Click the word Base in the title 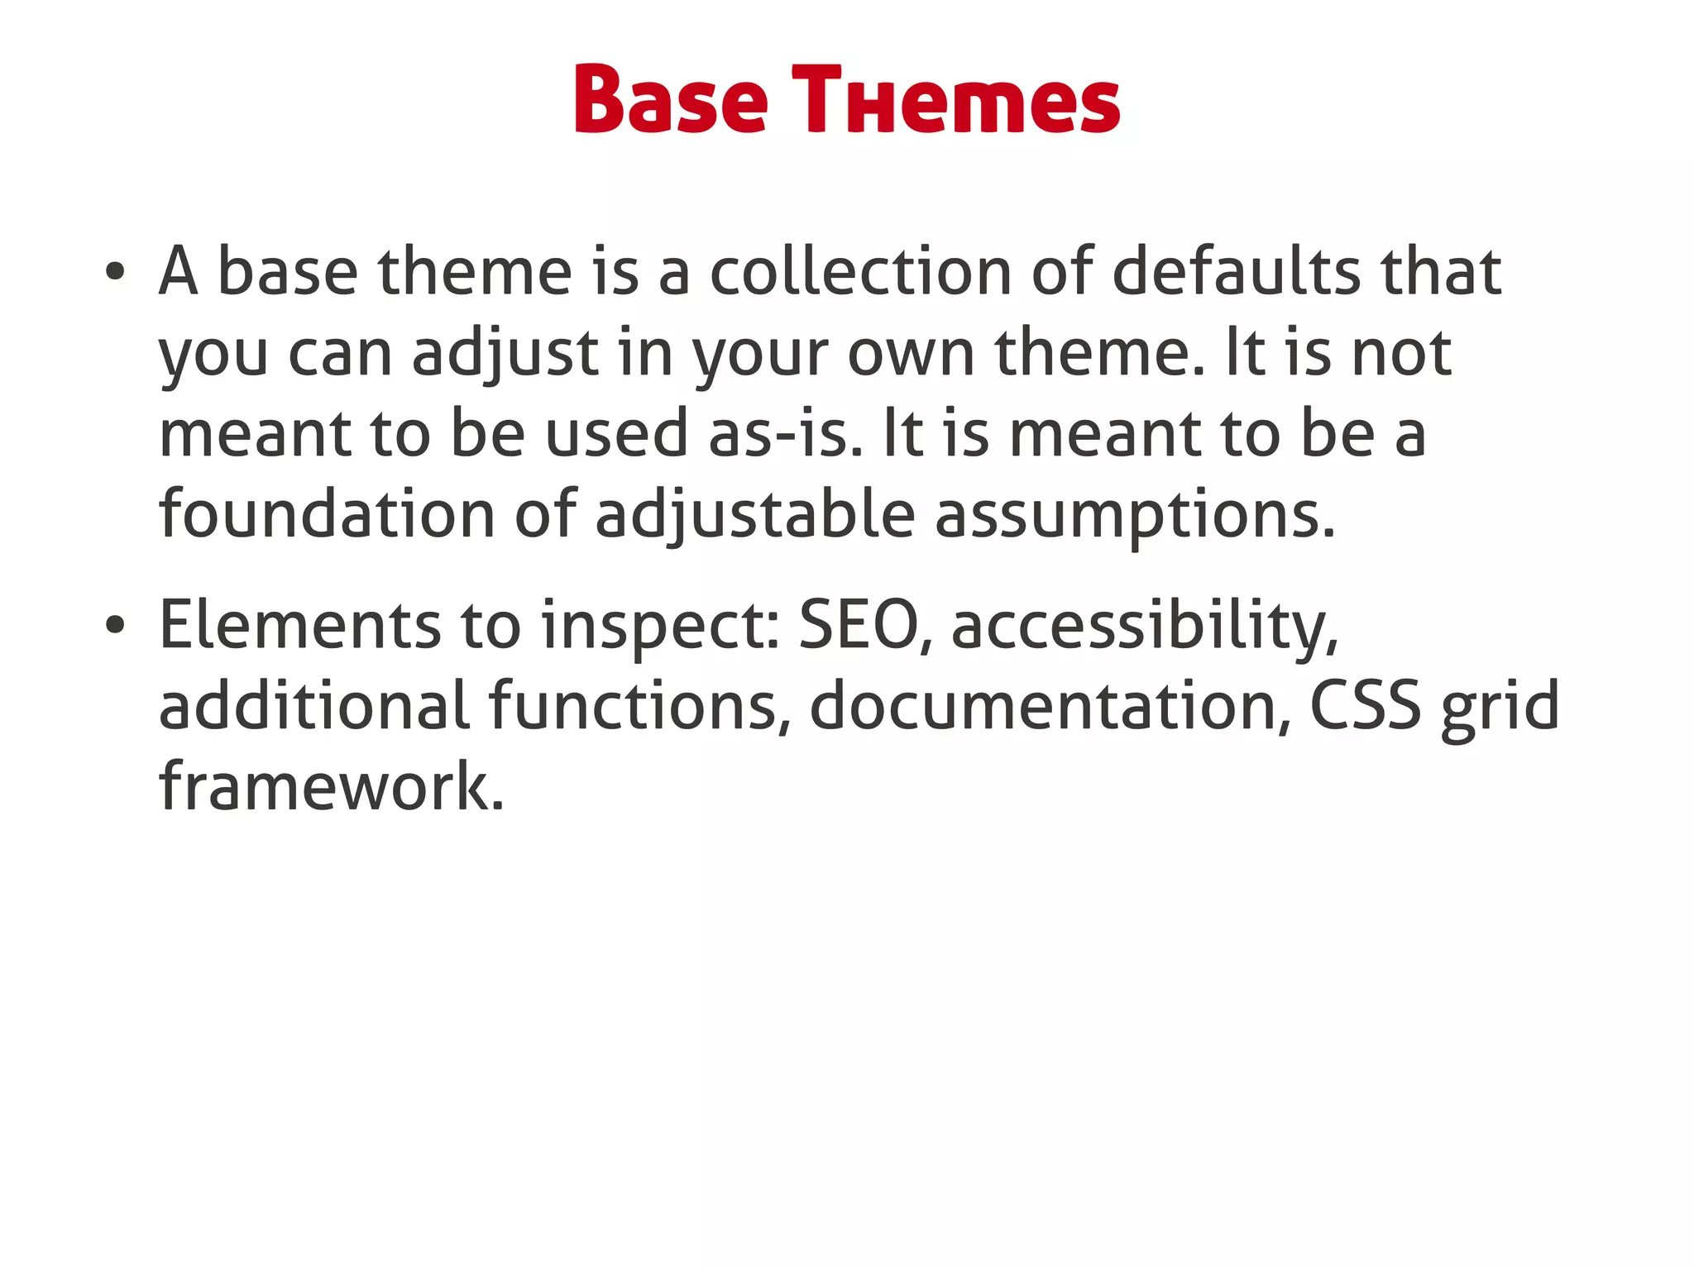pyautogui.click(x=671, y=100)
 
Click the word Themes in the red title pyautogui.click(x=955, y=100)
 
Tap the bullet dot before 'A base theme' pyautogui.click(x=115, y=272)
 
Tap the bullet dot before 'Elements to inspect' pyautogui.click(x=115, y=625)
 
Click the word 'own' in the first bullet pyautogui.click(x=911, y=353)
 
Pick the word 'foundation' pyautogui.click(x=327, y=514)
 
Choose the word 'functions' pyautogui.click(x=633, y=706)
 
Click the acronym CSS pyautogui.click(x=1366, y=706)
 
